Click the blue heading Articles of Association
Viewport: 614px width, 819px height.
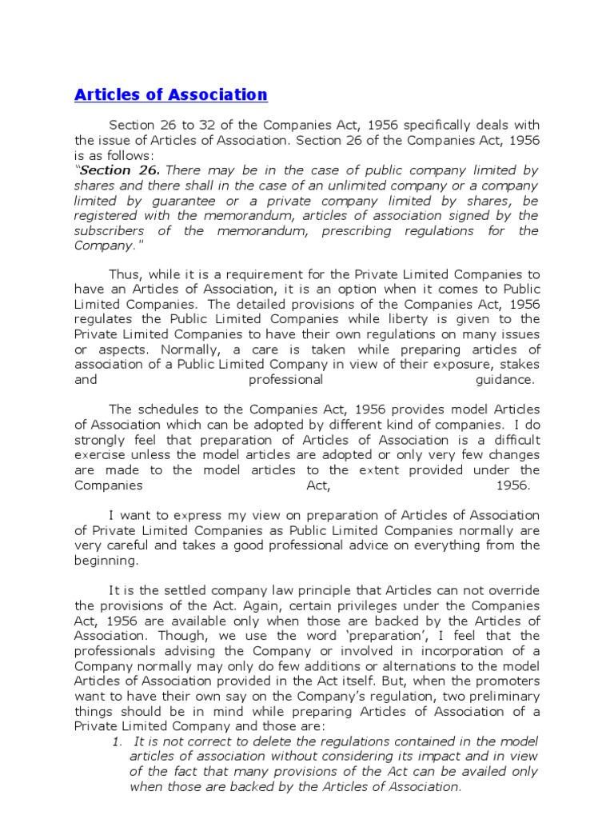click(171, 95)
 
